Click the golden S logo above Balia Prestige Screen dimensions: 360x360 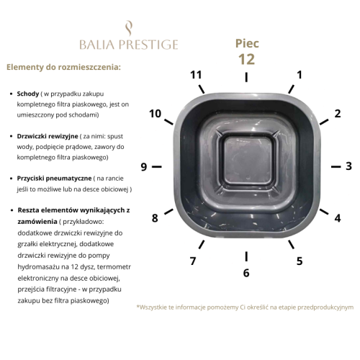pyautogui.click(x=129, y=29)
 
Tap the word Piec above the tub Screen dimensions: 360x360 pyautogui.click(x=247, y=43)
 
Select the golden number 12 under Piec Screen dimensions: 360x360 pyautogui.click(x=246, y=59)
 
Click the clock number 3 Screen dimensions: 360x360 pyautogui.click(x=348, y=166)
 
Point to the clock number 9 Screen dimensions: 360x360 pyautogui.click(x=144, y=167)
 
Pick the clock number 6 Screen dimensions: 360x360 pyautogui.click(x=246, y=273)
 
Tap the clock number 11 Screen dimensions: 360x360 pyautogui.click(x=196, y=75)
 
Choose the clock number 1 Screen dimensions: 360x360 pyautogui.click(x=300, y=75)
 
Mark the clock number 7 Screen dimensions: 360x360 pyautogui.click(x=193, y=261)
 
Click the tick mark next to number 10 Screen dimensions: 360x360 pyautogui.click(x=168, y=122)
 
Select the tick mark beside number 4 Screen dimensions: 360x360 pyautogui.click(x=324, y=212)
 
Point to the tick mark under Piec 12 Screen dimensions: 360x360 pyautogui.click(x=246, y=77)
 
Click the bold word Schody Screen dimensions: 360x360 pyautogui.click(x=28, y=94)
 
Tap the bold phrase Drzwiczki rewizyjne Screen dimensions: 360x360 pyautogui.click(x=48, y=136)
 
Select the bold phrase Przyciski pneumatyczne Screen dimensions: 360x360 pyautogui.click(x=54, y=179)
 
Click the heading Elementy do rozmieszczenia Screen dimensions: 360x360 pyautogui.click(x=63, y=67)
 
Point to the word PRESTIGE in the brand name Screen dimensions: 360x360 pyautogui.click(x=148, y=45)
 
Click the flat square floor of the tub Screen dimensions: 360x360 pyautogui.click(x=248, y=161)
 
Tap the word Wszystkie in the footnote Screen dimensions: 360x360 pyautogui.click(x=152, y=307)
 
